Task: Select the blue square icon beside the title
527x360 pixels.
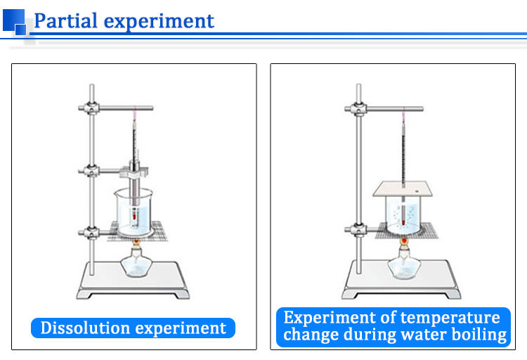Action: click(15, 20)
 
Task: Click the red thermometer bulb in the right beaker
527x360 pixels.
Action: click(403, 210)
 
